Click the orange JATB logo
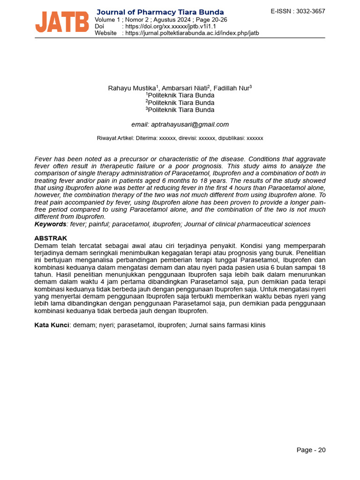[62, 22]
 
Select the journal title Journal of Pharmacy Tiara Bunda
[160, 12]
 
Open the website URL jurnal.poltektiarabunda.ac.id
[190, 33]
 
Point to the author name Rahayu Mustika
[132, 88]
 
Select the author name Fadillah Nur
[231, 88]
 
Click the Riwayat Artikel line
[180, 138]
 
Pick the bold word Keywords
[50, 224]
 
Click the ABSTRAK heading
[51, 238]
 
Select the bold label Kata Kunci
[52, 324]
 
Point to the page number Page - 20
[311, 450]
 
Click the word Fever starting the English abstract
[43, 159]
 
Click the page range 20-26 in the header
[219, 20]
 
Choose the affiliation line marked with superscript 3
[180, 110]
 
